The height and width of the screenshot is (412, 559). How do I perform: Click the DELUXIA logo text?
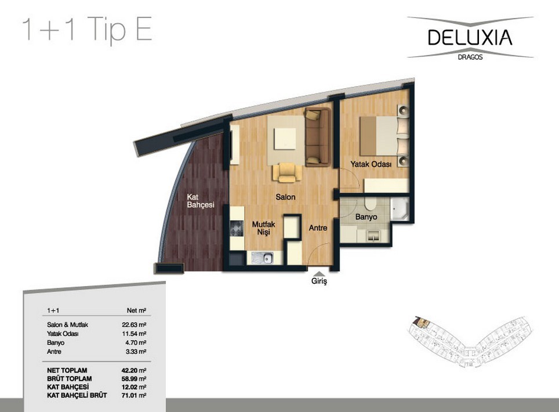tap(470, 37)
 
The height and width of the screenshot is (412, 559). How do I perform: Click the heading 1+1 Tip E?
tap(88, 30)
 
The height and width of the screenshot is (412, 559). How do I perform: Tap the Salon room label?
tap(285, 197)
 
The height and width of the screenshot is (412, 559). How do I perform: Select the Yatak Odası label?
tap(371, 164)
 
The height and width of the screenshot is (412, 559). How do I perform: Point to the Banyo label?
tap(366, 217)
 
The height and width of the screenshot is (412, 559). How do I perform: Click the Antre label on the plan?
tap(318, 227)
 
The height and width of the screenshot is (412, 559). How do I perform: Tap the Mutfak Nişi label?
tap(263, 228)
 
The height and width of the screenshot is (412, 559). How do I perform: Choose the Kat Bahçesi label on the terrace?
tap(201, 201)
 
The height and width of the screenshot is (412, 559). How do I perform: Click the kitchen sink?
tap(262, 258)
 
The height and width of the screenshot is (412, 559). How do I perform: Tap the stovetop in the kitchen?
tap(237, 229)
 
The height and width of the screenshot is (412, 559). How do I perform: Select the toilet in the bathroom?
tap(370, 204)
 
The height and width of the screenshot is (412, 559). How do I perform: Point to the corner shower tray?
tap(400, 209)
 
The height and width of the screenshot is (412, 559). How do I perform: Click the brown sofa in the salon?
tap(317, 138)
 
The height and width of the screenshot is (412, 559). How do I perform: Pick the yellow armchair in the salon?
tap(287, 172)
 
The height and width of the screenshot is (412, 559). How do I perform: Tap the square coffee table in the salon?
tap(285, 139)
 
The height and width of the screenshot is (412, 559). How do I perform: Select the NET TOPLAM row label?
tap(67, 370)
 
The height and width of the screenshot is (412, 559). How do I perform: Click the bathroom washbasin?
tap(373, 236)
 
